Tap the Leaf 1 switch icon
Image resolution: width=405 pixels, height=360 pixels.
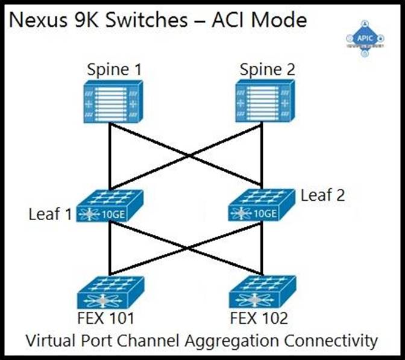pyautogui.click(x=110, y=206)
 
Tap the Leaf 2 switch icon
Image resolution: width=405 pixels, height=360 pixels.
pyautogui.click(x=262, y=206)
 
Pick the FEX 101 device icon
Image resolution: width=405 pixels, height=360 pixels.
pyautogui.click(x=110, y=293)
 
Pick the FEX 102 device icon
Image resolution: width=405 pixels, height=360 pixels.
pyautogui.click(x=263, y=293)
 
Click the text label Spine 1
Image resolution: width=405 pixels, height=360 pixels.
pyautogui.click(x=114, y=71)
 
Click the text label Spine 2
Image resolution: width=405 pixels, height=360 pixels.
pyautogui.click(x=267, y=71)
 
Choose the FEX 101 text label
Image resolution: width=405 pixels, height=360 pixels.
pyautogui.click(x=105, y=318)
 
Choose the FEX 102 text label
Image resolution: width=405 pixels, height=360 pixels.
pyautogui.click(x=260, y=318)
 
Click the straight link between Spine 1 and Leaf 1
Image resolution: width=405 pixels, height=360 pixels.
pyautogui.click(x=110, y=157)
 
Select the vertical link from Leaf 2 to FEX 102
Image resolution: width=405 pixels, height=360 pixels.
pyautogui.click(x=263, y=247)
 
